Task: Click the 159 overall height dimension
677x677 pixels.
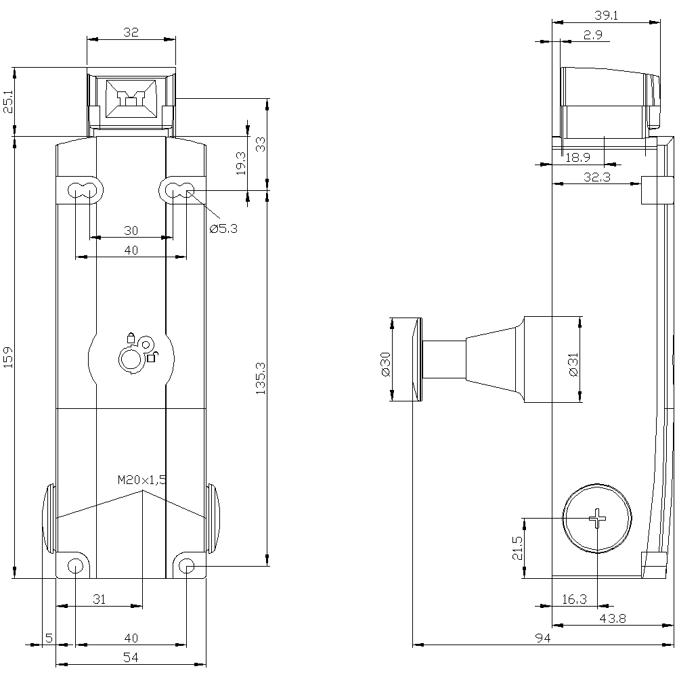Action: pyautogui.click(x=9, y=357)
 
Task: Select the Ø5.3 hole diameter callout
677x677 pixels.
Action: pyautogui.click(x=223, y=229)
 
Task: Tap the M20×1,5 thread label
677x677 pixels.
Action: pyautogui.click(x=142, y=480)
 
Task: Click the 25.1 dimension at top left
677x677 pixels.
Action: pyautogui.click(x=9, y=101)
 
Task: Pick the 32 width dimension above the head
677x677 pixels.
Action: pyautogui.click(x=131, y=32)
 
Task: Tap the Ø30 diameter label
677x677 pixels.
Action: pyautogui.click(x=385, y=364)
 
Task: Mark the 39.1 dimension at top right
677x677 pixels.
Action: pyautogui.click(x=605, y=16)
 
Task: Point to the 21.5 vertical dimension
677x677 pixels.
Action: pyautogui.click(x=518, y=548)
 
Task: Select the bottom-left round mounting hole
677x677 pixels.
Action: pyautogui.click(x=75, y=565)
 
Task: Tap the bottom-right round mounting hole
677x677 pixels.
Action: pyautogui.click(x=188, y=565)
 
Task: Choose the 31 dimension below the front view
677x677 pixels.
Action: pyautogui.click(x=99, y=599)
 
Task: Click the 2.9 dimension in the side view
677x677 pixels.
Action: pyautogui.click(x=592, y=35)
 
